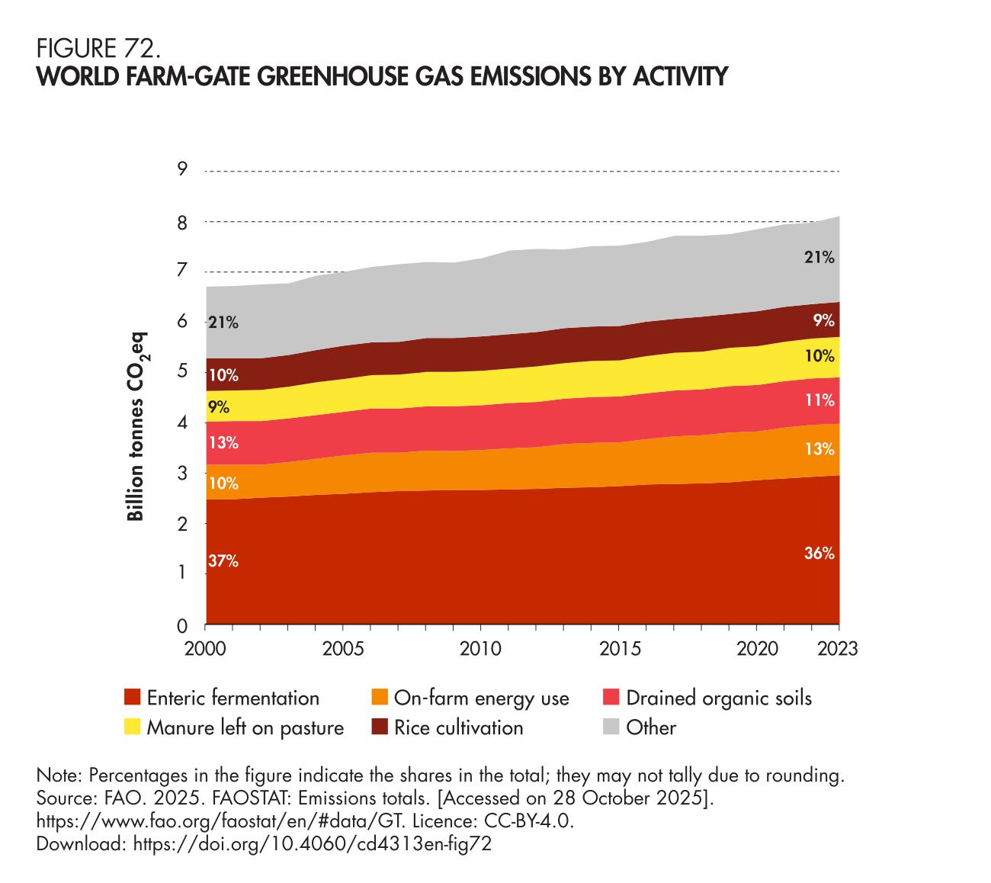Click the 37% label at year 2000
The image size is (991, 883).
click(x=223, y=562)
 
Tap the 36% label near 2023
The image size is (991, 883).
click(x=819, y=554)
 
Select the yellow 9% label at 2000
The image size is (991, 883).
click(x=219, y=406)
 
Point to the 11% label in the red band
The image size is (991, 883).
click(x=819, y=400)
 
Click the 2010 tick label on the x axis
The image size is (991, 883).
click(x=480, y=650)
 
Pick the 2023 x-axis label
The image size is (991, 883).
click(x=838, y=650)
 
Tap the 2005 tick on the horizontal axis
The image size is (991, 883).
click(x=343, y=650)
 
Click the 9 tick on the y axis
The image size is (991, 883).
click(x=182, y=169)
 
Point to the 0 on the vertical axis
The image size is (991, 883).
click(x=182, y=627)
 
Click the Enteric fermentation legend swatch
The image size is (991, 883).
click(x=133, y=698)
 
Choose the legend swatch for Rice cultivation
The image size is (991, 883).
click(x=380, y=727)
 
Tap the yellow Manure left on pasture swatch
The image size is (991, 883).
click(x=133, y=727)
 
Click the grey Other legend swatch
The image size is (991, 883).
click(x=611, y=727)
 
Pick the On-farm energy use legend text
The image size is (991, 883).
click(x=481, y=698)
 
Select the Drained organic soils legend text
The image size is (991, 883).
click(x=719, y=698)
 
